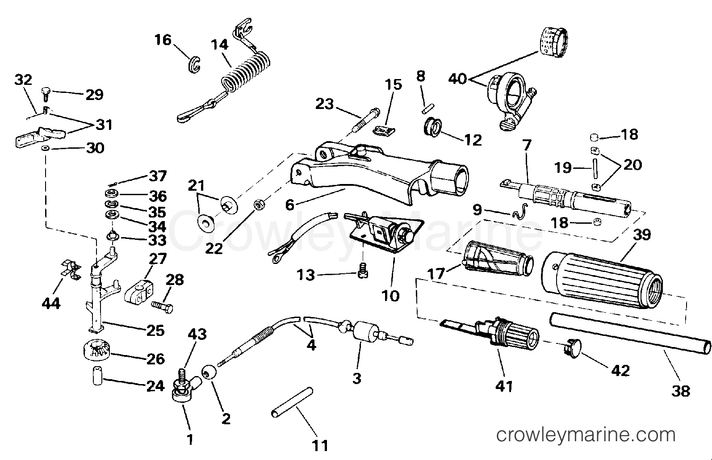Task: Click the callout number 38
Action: [680, 391]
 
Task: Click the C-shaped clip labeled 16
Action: [193, 64]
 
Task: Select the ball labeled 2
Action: [208, 372]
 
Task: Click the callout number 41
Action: [504, 385]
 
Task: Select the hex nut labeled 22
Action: [258, 205]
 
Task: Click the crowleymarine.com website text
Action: [586, 435]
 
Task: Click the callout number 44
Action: [51, 303]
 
